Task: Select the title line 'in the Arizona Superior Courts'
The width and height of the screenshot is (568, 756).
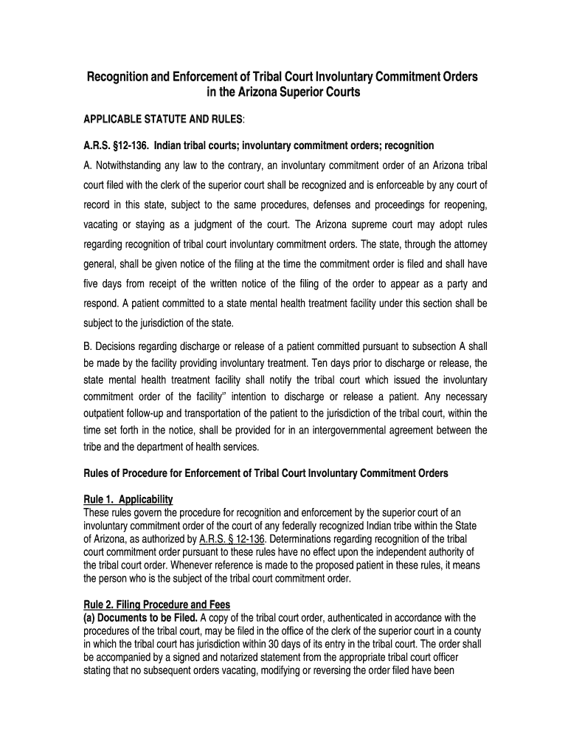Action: coord(283,93)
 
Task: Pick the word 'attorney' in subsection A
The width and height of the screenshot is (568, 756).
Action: coord(465,244)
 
